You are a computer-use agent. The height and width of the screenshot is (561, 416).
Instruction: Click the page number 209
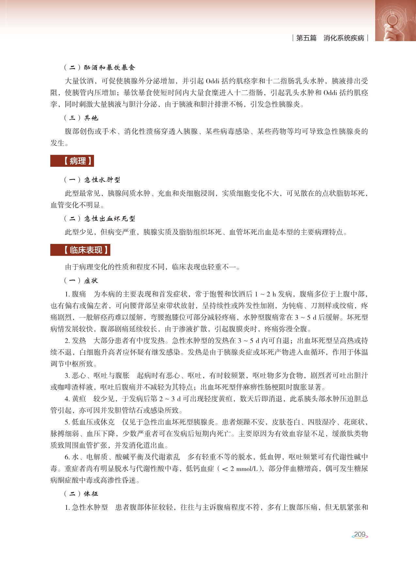click(x=360, y=535)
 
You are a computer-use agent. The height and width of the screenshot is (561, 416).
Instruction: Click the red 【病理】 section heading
click(x=72, y=161)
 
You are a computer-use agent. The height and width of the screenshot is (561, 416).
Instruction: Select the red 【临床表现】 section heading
click(x=80, y=250)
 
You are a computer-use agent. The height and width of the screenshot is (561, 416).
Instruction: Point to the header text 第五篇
click(x=306, y=38)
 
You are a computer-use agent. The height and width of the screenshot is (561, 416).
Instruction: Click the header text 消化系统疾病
click(x=344, y=38)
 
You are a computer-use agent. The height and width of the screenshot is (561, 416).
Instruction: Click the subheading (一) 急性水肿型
click(x=92, y=180)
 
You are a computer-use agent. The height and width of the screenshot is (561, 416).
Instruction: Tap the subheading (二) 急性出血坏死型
click(x=100, y=219)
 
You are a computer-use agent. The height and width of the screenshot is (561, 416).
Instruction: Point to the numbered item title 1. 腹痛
click(x=75, y=294)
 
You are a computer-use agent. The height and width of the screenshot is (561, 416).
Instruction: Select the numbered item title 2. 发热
click(x=75, y=341)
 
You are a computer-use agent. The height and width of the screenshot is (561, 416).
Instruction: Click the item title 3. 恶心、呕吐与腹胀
click(x=97, y=376)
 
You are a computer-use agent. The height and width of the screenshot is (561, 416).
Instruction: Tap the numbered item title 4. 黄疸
click(x=75, y=399)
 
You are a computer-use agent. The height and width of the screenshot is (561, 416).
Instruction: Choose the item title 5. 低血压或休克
click(x=90, y=422)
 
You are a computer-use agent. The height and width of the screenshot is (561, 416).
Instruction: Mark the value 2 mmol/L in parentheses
click(x=243, y=469)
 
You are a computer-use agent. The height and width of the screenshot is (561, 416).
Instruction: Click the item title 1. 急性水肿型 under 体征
click(x=86, y=507)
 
